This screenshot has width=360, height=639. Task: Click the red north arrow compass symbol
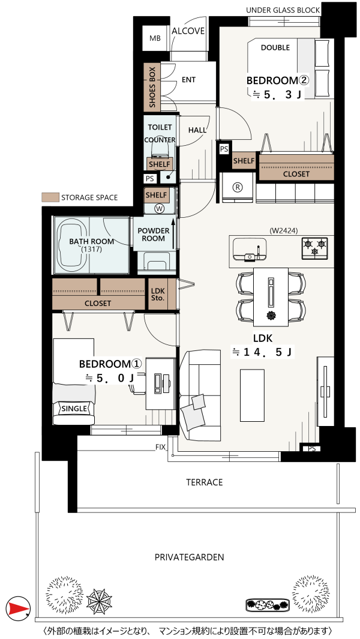click(x=18, y=608)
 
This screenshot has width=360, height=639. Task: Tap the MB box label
click(x=155, y=38)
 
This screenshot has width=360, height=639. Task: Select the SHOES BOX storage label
click(x=152, y=88)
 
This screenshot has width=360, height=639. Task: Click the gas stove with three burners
click(x=314, y=248)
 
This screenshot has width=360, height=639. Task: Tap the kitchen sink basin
click(x=250, y=248)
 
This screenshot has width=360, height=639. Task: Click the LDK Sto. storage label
click(x=157, y=295)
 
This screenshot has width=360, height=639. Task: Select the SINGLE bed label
click(x=74, y=409)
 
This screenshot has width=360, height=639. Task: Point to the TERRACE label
click(x=205, y=482)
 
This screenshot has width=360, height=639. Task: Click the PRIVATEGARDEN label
click(x=189, y=557)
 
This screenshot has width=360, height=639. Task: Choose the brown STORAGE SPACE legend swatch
click(x=50, y=197)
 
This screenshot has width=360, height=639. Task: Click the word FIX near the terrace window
click(x=160, y=447)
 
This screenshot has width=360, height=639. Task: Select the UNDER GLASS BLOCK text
click(x=283, y=10)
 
